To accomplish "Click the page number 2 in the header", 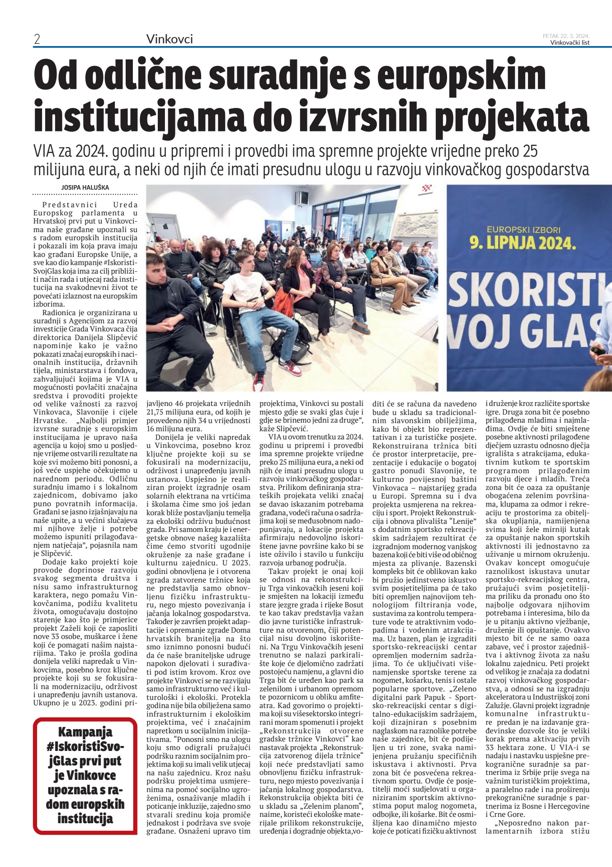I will tap(37, 40).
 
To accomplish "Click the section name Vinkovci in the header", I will tap(169, 39).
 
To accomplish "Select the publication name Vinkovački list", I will tap(570, 43).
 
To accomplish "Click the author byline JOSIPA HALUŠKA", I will tap(85, 187).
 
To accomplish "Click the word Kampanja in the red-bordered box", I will tap(85, 732).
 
